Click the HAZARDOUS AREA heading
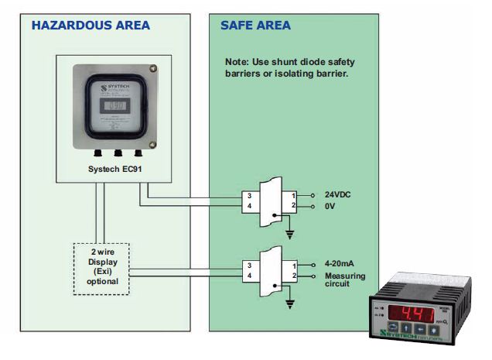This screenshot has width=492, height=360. [x=91, y=26]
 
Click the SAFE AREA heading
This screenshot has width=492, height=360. [x=255, y=26]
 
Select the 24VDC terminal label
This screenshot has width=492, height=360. [x=340, y=194]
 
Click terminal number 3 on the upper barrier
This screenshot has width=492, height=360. [x=248, y=195]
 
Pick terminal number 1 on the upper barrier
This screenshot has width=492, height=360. [x=294, y=195]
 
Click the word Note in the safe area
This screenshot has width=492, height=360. [x=235, y=61]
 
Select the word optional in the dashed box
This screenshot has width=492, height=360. [x=103, y=282]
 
